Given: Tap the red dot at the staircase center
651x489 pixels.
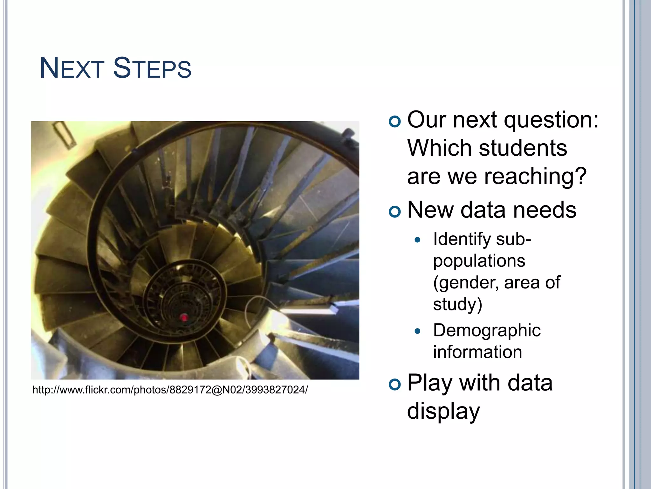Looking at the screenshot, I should coord(184,317).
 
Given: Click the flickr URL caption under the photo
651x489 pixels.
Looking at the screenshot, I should coord(170,390).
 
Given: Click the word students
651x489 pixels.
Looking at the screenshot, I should coord(523,148).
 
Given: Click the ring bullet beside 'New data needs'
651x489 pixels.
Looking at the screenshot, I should coord(395,212).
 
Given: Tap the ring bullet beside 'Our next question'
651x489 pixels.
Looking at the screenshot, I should coord(395,122).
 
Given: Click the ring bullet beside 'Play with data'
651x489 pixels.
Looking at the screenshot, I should coord(395,385).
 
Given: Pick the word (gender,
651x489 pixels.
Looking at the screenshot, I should coord(466,283).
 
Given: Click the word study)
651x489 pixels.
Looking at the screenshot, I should coord(458,304).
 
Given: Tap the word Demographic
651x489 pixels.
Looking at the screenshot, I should coord(487,330).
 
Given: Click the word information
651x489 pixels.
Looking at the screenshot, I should coord(477,352).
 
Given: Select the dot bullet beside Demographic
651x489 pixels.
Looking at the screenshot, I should coord(418,331).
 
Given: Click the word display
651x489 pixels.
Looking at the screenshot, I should coord(443,411).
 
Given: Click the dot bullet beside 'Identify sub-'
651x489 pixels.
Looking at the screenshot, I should coord(418,240).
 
